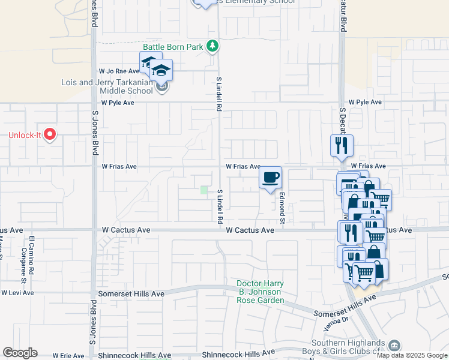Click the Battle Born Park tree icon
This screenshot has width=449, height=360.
click(212, 46)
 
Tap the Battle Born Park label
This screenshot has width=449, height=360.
click(173, 47)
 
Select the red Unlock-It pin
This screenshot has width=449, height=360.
click(50, 135)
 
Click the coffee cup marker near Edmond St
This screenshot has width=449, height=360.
click(271, 178)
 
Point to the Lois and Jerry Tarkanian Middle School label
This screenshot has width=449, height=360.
click(107, 86)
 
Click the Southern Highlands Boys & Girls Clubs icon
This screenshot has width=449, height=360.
click(394, 346)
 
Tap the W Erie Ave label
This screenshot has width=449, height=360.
click(68, 356)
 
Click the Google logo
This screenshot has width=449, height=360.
click(20, 353)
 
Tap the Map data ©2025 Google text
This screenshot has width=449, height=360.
click(412, 355)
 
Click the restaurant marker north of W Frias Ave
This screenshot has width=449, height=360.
click(342, 146)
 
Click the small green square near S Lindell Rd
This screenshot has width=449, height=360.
click(203, 190)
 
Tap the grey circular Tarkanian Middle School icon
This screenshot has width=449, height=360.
click(161, 87)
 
